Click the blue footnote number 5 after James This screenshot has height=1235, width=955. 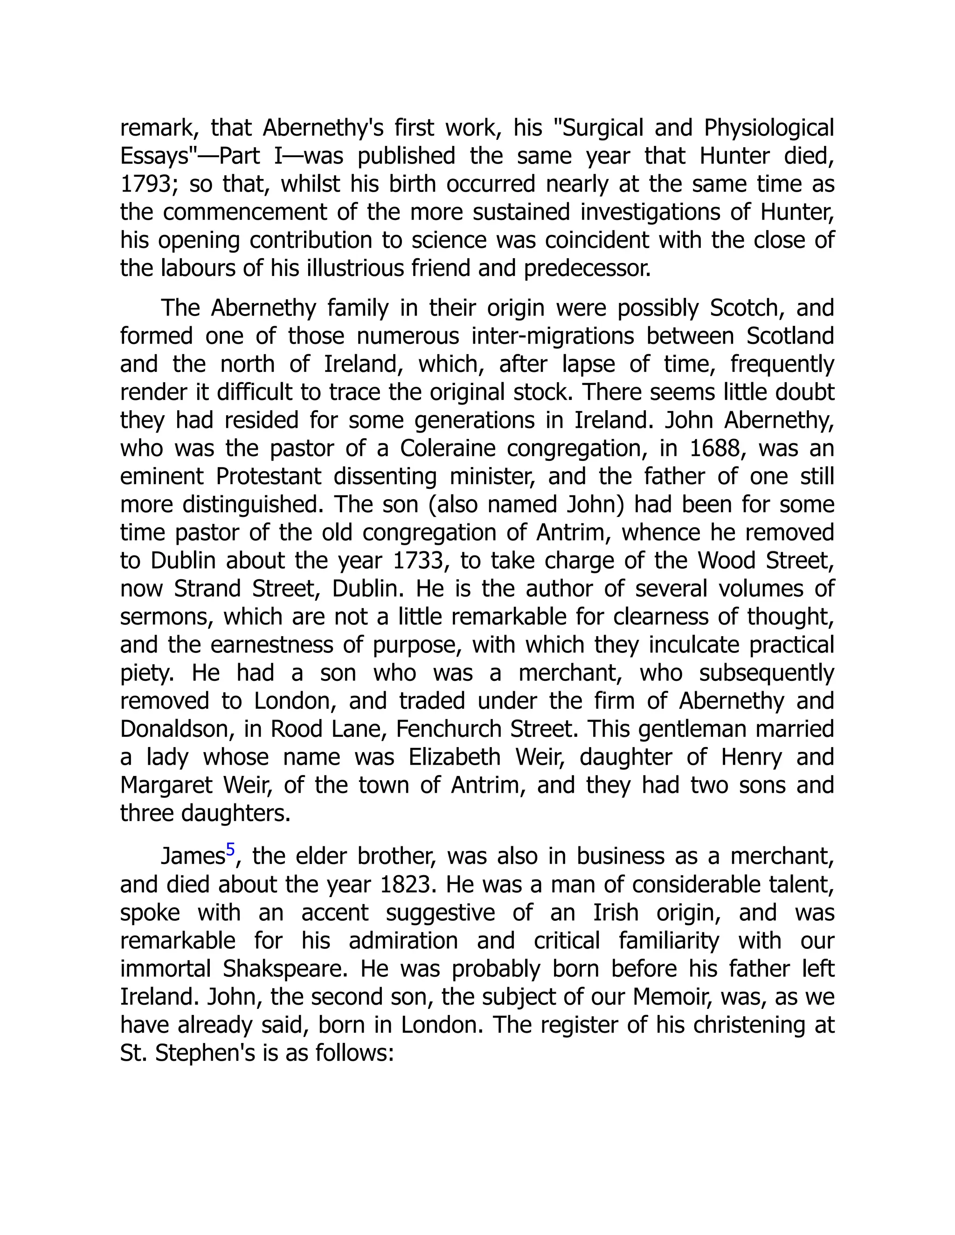[230, 851]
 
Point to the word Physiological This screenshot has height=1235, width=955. [769, 128]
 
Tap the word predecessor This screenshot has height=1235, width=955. [587, 268]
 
